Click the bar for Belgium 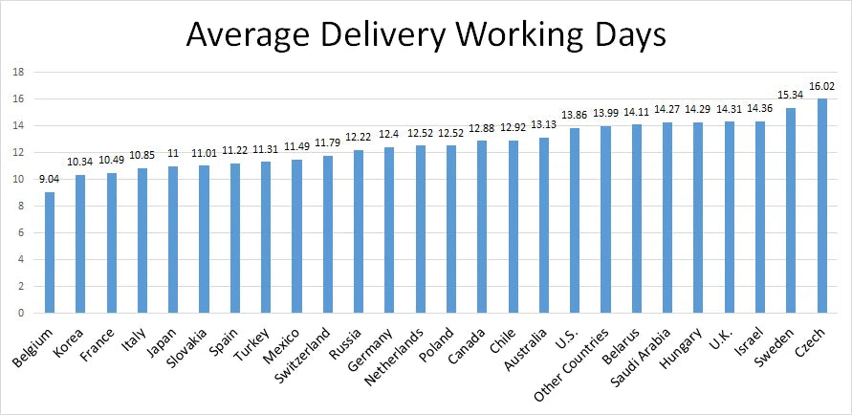tap(50, 252)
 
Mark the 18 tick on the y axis tap(17, 72)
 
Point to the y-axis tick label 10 tap(17, 179)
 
